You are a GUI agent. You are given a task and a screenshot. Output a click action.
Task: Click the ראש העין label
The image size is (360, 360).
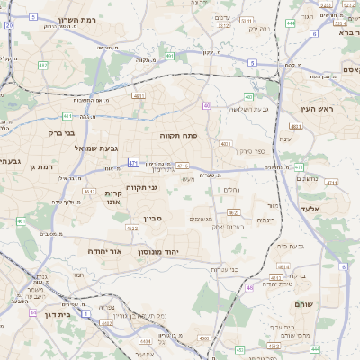(x=318, y=108)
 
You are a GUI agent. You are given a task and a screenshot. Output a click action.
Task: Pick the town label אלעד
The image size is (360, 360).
(x=334, y=209)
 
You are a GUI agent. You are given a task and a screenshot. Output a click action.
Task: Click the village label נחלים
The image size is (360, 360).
(x=231, y=189)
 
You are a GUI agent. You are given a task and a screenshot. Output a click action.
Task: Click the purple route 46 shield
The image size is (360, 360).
(x=249, y=287)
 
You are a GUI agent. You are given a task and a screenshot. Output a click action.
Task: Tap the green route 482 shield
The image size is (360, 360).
(x=43, y=65)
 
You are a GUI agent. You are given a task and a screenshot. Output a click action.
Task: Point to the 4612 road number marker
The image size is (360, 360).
(x=89, y=191)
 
